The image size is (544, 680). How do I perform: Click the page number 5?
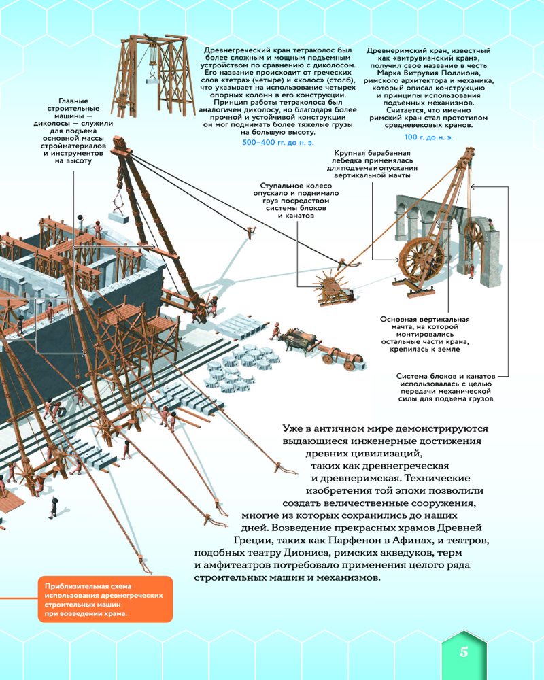[x=464, y=651]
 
